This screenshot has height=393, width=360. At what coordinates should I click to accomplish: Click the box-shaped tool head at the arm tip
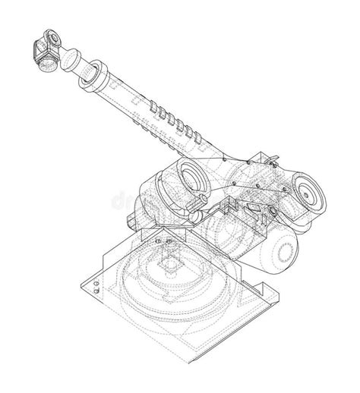[45, 50]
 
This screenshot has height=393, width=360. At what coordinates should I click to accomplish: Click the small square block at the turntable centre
[169, 267]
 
